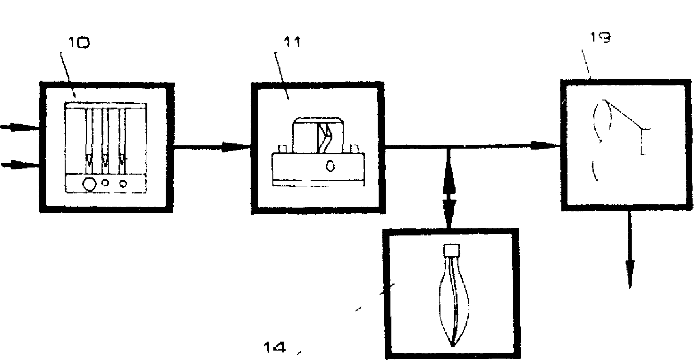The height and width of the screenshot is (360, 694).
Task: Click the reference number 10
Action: (79, 43)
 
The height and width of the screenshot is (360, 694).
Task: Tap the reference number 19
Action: (601, 38)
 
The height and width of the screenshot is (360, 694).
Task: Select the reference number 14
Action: (274, 348)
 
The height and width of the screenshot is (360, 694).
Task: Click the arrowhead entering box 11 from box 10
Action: (238, 148)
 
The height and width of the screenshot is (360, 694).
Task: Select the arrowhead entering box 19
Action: (548, 146)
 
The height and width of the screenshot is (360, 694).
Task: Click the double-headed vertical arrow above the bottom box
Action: (449, 189)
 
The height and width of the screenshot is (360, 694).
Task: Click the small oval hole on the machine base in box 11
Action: (330, 166)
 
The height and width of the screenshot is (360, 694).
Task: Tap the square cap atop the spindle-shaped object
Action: (452, 250)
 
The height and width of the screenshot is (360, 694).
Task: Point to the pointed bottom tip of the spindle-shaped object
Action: (452, 345)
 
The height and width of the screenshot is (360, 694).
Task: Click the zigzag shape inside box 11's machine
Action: (325, 137)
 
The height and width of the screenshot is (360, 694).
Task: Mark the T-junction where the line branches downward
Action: (449, 148)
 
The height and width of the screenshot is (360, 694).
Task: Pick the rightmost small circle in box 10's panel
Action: (123, 183)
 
